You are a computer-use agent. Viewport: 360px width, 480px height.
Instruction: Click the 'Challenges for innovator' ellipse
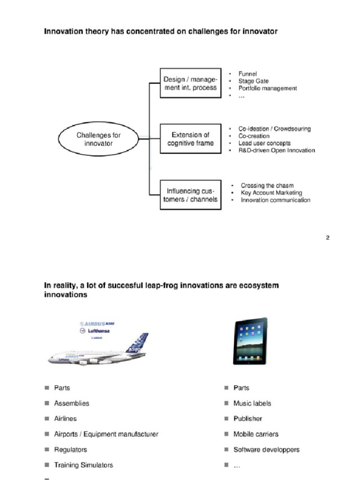click(x=98, y=139)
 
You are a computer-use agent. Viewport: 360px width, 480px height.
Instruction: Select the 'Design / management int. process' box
click(x=190, y=83)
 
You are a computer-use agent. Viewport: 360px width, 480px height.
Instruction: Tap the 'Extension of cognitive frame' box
click(x=190, y=139)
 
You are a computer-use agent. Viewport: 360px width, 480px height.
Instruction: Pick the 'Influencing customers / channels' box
click(x=190, y=195)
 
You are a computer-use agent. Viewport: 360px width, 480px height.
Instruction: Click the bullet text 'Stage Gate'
click(x=253, y=81)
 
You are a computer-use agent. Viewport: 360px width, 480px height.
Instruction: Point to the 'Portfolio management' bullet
click(x=267, y=88)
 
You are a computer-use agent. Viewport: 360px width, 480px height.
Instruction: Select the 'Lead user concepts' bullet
click(x=264, y=143)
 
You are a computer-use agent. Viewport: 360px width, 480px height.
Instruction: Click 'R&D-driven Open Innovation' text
click(x=277, y=150)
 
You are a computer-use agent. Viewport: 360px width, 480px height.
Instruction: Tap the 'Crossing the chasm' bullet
click(x=267, y=186)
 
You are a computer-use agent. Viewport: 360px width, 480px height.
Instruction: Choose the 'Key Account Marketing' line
click(x=271, y=193)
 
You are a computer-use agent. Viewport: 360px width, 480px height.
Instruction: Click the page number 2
click(x=328, y=238)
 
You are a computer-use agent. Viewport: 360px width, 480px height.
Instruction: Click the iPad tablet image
click(x=250, y=341)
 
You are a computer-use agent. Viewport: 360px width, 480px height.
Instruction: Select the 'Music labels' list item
click(x=252, y=403)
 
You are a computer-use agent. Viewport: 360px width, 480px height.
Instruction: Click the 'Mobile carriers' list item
click(x=255, y=434)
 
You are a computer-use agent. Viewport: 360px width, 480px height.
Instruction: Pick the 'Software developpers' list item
click(x=266, y=450)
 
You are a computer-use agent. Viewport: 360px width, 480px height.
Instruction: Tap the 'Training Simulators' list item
click(x=83, y=465)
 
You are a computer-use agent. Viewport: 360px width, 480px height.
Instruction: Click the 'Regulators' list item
click(x=70, y=450)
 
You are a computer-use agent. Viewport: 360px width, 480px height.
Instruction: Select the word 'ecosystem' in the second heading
click(x=258, y=285)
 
